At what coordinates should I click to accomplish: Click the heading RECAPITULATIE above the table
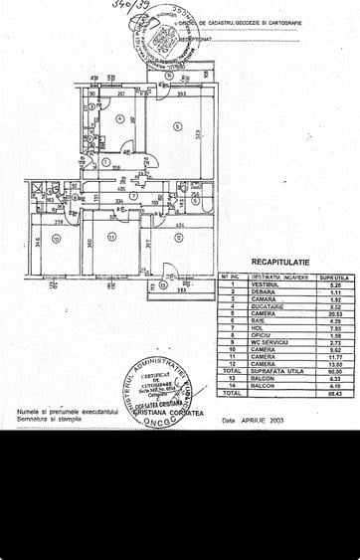[281, 262]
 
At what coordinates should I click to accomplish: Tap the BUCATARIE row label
[270, 306]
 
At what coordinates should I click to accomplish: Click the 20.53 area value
[333, 313]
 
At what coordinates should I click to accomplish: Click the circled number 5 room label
[174, 126]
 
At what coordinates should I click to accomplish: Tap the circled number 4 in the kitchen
[118, 121]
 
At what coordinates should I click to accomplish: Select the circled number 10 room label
[59, 237]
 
